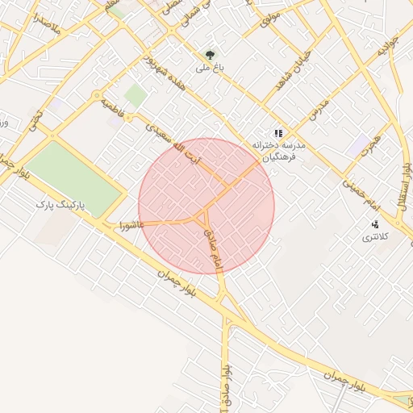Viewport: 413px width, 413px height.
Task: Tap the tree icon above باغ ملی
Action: (210, 56)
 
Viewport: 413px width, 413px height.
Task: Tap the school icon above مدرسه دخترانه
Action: (278, 133)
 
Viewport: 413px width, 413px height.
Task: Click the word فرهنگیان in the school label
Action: (282, 158)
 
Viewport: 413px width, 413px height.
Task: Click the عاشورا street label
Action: (131, 223)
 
